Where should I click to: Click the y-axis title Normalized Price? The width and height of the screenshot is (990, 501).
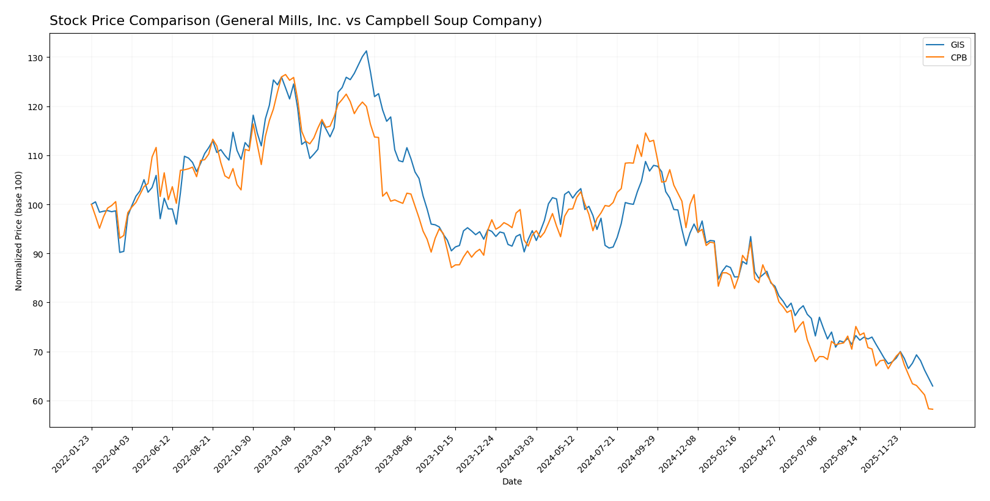[x=19, y=231]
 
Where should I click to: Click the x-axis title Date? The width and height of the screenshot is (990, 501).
[x=512, y=482]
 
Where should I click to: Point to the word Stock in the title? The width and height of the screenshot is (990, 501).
[x=66, y=21]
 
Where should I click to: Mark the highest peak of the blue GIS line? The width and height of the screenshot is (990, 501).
[x=366, y=51]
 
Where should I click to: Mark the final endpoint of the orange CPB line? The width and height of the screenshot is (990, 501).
[x=933, y=409]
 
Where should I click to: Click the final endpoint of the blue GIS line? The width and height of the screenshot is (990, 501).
[x=933, y=386]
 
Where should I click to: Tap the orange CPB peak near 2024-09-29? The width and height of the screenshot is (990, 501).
[x=645, y=133]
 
